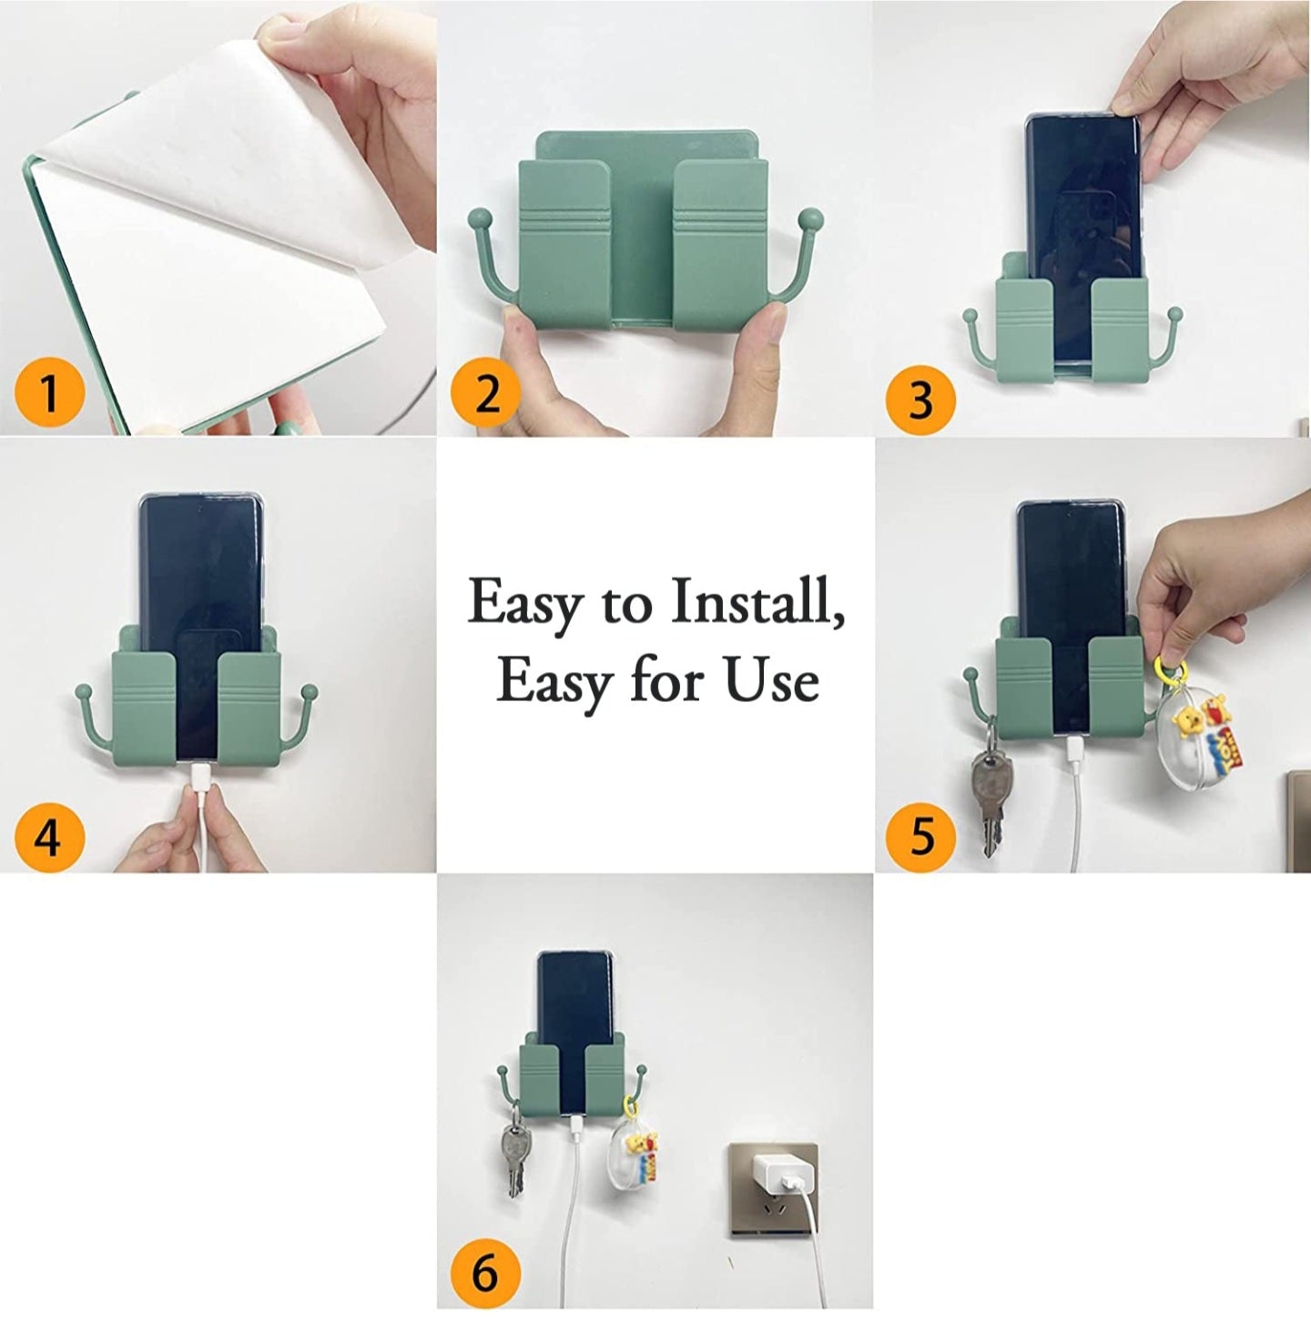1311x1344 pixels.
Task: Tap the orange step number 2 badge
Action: coord(487,393)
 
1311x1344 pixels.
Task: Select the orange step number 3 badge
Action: coord(920,400)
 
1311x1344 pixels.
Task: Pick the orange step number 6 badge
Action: coord(485,1271)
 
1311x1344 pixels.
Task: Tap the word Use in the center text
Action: coord(771,681)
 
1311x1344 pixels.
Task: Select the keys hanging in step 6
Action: coord(514,1156)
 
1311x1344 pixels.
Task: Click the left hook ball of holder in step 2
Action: coord(480,219)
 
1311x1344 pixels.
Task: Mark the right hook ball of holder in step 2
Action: coord(809,219)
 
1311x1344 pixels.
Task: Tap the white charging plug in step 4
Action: coord(198,783)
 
